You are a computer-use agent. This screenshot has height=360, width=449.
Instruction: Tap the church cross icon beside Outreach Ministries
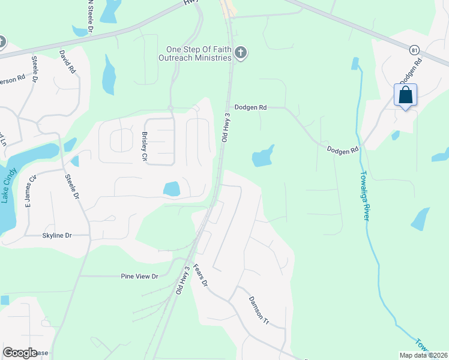click(x=240, y=53)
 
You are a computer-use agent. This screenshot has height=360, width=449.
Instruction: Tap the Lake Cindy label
click(x=8, y=187)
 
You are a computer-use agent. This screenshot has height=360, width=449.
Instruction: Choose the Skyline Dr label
click(x=56, y=236)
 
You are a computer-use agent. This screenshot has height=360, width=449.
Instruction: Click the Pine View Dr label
click(x=139, y=276)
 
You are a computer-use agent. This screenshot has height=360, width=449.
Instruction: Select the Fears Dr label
click(x=202, y=274)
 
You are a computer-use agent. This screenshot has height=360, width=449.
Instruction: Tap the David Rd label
click(x=67, y=61)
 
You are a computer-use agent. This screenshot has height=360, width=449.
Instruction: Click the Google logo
click(x=20, y=353)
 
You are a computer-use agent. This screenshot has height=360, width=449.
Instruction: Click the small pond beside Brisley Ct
click(x=170, y=189)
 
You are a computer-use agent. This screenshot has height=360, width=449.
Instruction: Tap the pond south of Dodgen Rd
click(x=262, y=157)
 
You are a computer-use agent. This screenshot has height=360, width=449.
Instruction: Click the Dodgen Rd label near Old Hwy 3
click(x=250, y=107)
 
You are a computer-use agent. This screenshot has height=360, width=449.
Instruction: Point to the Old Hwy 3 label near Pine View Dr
click(x=183, y=280)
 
